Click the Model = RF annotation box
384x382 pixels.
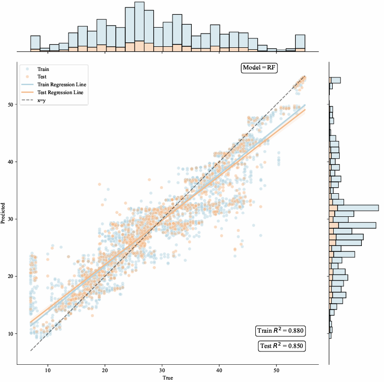(259, 68)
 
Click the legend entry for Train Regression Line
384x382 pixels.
(61, 85)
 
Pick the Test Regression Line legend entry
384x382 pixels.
(60, 92)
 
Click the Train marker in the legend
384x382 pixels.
(29, 69)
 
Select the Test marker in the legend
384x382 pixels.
(29, 77)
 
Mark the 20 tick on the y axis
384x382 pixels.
(11, 276)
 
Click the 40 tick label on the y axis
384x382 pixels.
(11, 162)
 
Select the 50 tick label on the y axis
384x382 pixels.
(11, 104)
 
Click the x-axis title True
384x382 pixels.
(168, 378)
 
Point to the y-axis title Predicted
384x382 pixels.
(4, 212)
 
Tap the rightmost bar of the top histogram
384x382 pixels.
(300, 43)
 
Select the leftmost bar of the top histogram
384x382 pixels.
(35, 43)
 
